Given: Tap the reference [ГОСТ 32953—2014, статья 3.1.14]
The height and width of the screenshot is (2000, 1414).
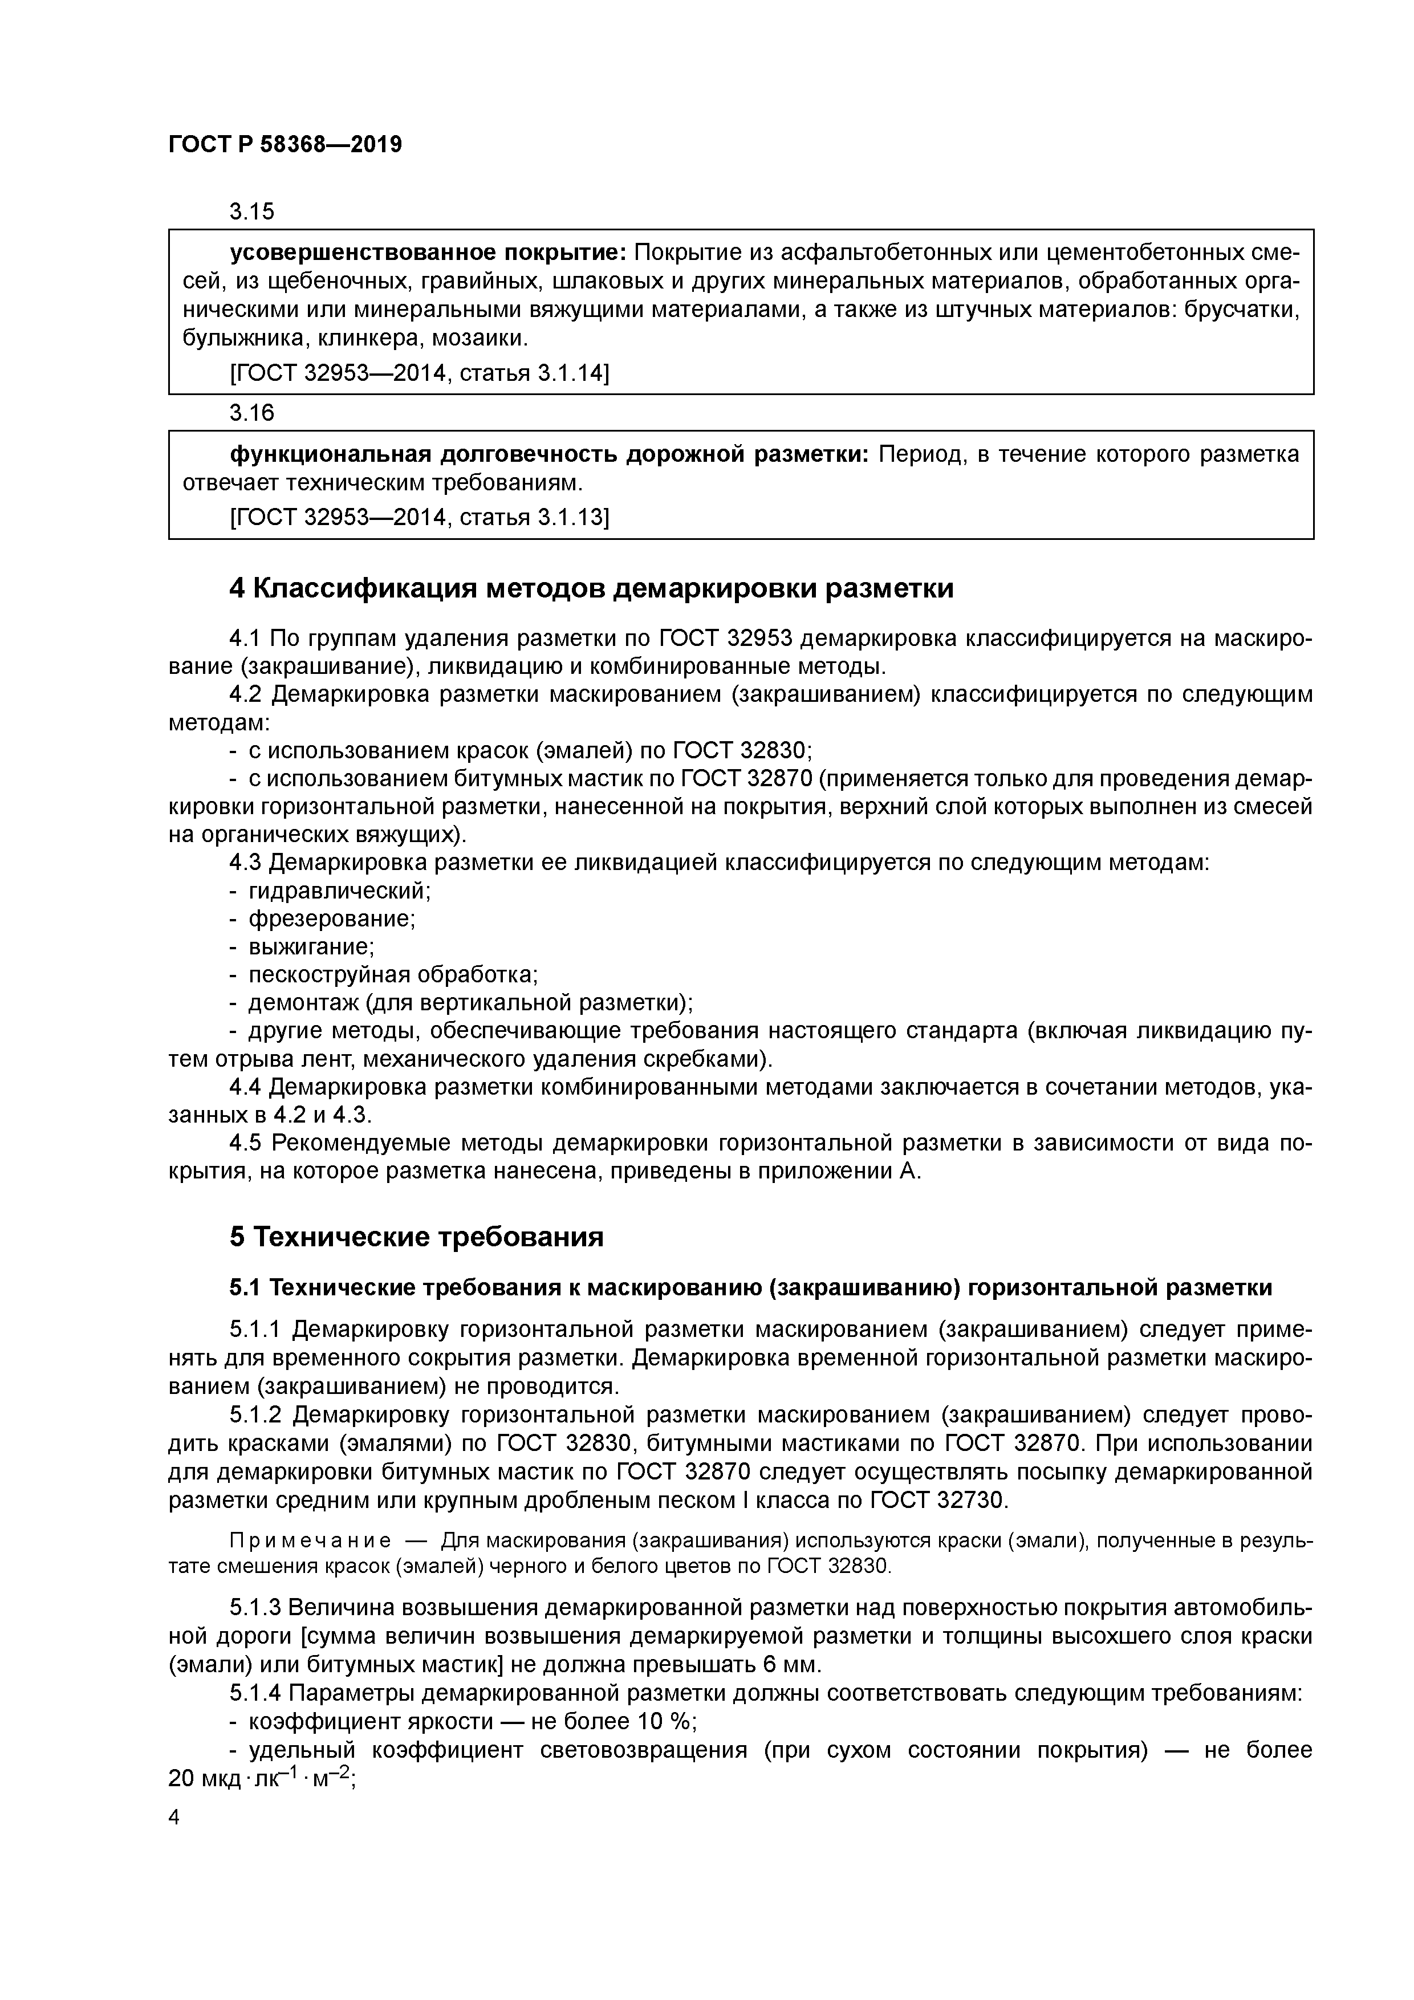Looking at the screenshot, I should pos(419,373).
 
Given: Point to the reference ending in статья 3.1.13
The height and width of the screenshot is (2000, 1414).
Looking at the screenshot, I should pos(419,518).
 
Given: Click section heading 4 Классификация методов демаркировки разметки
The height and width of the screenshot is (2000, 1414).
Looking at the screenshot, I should pos(592,589).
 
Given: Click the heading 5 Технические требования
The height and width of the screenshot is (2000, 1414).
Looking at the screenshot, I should pos(416,1237).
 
